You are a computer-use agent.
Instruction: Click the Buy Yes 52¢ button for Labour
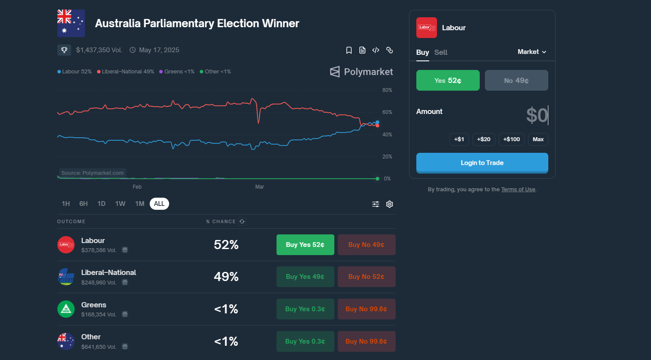305,245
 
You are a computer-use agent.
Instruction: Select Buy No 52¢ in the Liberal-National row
366,277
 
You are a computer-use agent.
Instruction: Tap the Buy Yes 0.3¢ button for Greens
305,309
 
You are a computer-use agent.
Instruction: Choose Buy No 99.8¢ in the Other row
366,341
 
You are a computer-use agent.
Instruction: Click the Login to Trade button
482,163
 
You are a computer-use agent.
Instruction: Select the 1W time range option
120,204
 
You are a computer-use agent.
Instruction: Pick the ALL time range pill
159,204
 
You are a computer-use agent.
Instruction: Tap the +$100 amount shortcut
511,139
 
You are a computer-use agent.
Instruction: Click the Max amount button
538,139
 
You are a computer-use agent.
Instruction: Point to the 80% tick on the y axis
387,90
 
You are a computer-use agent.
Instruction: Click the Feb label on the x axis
137,187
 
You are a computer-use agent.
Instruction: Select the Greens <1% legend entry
177,72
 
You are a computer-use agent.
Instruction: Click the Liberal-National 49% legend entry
126,72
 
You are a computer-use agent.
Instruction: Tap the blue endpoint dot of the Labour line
377,123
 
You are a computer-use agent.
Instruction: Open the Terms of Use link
518,189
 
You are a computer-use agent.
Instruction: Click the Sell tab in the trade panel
440,52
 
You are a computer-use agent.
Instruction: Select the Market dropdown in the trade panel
532,52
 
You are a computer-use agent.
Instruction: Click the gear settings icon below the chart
390,204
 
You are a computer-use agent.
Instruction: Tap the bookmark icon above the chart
349,51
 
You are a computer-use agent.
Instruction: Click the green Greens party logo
66,309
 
